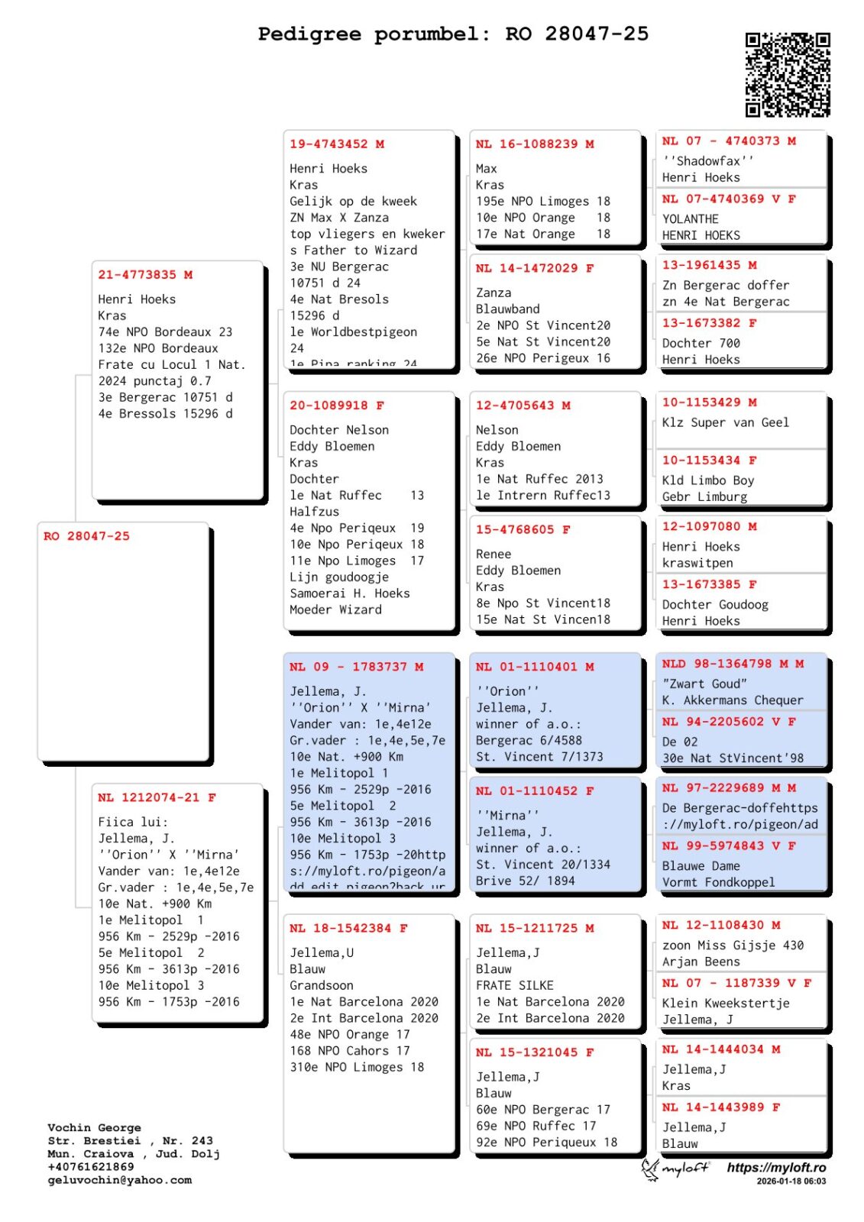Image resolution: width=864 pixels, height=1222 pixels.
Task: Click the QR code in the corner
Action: pos(788,74)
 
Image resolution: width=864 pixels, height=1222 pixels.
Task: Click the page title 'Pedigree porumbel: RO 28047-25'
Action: pos(453,34)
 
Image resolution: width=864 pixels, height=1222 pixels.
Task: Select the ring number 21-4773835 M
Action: pos(145,275)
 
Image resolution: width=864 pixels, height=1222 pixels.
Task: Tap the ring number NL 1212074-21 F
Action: pos(157,797)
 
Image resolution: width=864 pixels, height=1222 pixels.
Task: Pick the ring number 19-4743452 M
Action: pos(337,144)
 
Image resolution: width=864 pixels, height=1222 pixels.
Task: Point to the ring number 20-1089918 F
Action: pos(337,406)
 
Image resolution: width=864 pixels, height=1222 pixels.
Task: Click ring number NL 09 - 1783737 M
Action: pos(357,667)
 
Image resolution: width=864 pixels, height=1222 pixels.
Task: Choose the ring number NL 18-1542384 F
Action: pos(348,928)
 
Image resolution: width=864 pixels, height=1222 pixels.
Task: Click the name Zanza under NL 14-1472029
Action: pos(493,293)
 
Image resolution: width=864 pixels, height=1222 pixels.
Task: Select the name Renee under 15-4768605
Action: pos(493,554)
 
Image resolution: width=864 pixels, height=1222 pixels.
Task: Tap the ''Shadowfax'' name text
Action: pos(708,161)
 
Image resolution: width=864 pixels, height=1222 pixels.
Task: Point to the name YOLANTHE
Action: pos(691,219)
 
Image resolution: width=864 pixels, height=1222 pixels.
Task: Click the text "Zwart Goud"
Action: pos(704,684)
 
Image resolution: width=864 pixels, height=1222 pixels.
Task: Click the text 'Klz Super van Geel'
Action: pos(726,422)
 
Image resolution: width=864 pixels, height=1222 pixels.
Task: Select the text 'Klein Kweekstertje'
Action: pos(726,1003)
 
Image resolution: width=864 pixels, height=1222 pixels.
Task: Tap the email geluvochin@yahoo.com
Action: pos(120,1180)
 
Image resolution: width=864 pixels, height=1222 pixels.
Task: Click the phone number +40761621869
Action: pos(91,1167)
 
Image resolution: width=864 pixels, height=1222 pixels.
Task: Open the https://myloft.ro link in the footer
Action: pos(776,1168)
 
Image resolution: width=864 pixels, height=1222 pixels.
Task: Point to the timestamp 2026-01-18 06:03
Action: pos(791,1182)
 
